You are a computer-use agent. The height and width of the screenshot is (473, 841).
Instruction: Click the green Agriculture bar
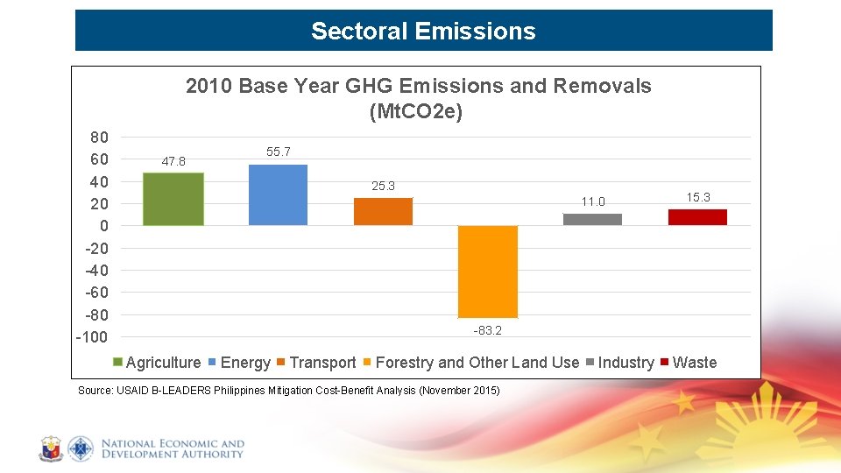pos(173,199)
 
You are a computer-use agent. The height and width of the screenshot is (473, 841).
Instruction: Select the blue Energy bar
pos(278,194)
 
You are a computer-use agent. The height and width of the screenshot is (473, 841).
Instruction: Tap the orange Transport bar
pos(383,211)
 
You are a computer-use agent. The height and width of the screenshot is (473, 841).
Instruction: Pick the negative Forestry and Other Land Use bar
pos(488,272)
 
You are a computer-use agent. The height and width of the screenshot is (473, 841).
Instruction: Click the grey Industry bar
pos(592,219)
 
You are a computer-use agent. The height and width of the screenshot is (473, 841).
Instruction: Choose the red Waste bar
pos(697,217)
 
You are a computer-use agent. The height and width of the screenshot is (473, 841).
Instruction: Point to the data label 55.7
pos(278,152)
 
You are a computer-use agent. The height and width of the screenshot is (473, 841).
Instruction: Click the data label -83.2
pos(488,331)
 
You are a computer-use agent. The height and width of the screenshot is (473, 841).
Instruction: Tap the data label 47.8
pos(173,161)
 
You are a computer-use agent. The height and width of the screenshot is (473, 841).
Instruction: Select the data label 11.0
pos(593,202)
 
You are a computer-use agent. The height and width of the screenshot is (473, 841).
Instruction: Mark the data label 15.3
pos(698,198)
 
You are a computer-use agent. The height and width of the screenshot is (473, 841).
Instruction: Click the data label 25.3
pos(383,186)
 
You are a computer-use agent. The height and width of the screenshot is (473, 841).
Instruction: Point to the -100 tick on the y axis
pos(93,337)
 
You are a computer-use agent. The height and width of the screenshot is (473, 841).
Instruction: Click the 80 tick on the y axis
pos(99,138)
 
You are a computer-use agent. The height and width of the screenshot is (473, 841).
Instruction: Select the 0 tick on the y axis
pos(103,226)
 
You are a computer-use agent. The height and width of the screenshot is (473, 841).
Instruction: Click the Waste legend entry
pos(694,363)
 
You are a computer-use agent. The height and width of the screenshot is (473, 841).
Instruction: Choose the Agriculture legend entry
pos(163,363)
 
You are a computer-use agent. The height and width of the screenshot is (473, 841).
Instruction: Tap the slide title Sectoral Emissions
pos(423,32)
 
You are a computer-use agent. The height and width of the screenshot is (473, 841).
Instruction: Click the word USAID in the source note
pos(131,391)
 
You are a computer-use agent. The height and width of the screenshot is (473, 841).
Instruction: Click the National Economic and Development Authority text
pos(173,449)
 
